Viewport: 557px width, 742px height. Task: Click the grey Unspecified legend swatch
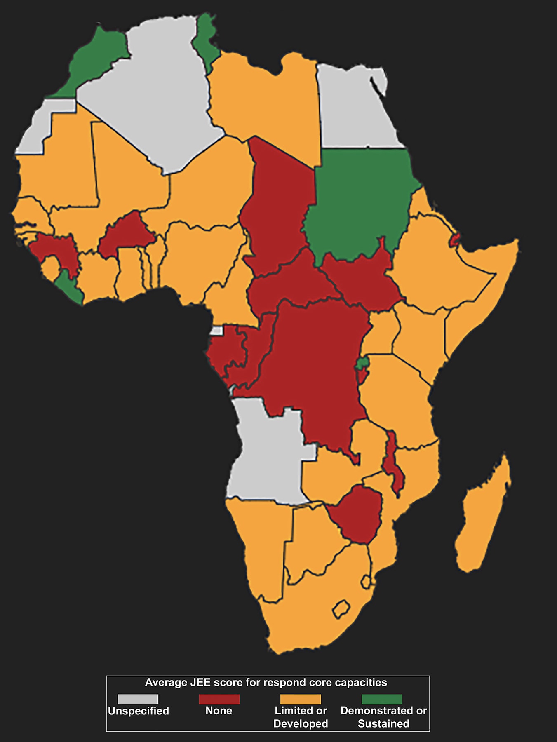point(138,699)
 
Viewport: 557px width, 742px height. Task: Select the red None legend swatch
point(219,699)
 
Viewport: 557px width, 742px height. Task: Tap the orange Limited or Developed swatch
point(300,699)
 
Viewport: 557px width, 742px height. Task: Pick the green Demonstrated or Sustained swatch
point(382,699)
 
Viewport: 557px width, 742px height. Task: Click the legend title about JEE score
point(266,683)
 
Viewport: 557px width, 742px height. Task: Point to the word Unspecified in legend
point(139,711)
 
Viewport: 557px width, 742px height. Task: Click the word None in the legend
point(219,711)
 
